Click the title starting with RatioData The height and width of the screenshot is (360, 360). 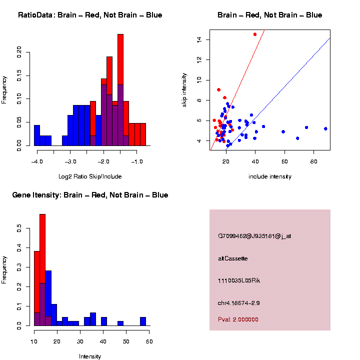(x=90, y=15)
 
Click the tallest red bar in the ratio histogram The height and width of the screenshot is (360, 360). (x=120, y=59)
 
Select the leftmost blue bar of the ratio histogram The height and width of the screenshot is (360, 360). (x=37, y=135)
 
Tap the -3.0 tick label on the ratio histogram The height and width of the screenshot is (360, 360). (x=70, y=161)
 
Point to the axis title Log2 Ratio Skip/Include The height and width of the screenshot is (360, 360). (x=90, y=176)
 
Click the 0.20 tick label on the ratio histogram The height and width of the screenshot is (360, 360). (x=19, y=52)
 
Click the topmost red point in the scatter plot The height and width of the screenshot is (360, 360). (x=255, y=34)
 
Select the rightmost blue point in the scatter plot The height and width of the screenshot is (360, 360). (x=325, y=129)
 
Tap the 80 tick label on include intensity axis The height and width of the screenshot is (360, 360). (x=313, y=161)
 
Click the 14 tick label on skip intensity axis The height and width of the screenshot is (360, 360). (x=199, y=39)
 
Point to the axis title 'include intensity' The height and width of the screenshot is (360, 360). (x=270, y=176)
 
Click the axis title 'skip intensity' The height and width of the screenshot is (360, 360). (x=184, y=90)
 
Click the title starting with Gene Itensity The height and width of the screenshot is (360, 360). (x=90, y=195)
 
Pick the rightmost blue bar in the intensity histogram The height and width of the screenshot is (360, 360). (x=143, y=321)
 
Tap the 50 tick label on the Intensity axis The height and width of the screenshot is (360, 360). (x=126, y=341)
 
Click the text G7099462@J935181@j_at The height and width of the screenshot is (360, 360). (x=254, y=236)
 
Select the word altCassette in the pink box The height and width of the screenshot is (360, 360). (x=233, y=258)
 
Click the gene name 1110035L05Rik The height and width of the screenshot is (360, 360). (x=239, y=280)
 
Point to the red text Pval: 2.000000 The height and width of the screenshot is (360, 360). (x=238, y=319)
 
